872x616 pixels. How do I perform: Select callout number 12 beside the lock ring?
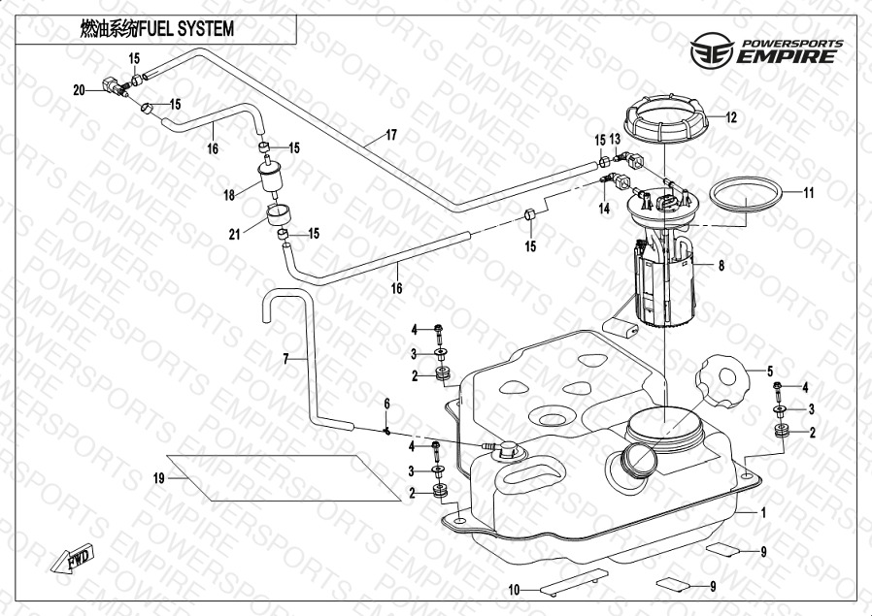coord(731,117)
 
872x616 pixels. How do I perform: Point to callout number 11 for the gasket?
coord(808,192)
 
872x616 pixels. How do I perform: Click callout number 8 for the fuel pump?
coord(721,264)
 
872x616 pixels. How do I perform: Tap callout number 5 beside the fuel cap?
coord(769,370)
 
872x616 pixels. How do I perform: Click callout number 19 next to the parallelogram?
coord(158,477)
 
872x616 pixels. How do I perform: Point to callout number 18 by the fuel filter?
coord(229,195)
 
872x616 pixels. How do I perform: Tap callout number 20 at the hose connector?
coord(80,89)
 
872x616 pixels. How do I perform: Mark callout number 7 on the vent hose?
coord(285,359)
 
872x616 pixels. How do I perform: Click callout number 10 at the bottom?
coord(515,589)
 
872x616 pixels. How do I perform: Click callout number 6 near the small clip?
coord(386,403)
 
